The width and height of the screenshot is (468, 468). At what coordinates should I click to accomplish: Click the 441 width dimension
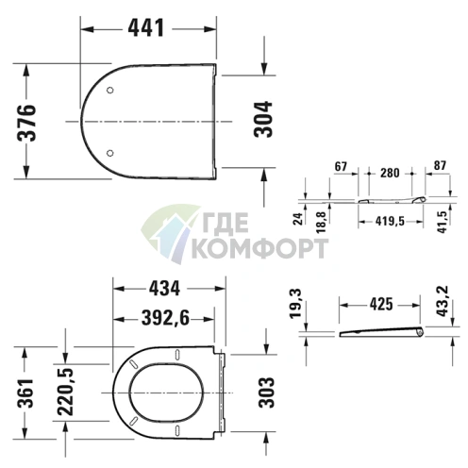coord(146,28)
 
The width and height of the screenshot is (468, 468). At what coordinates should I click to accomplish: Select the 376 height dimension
coord(26,123)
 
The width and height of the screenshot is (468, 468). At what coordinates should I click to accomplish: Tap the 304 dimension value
coord(263,119)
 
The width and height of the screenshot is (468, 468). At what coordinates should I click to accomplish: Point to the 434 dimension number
coord(164,288)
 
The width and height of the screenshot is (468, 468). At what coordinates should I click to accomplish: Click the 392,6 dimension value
coord(165,318)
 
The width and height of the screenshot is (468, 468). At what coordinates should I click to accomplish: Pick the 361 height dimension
coord(25,393)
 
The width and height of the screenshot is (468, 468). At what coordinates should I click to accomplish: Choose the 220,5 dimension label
coord(65,392)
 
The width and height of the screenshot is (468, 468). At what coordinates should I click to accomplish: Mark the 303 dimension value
coord(266,393)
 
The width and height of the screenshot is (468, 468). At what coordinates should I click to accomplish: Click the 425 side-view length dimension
coord(381,304)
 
